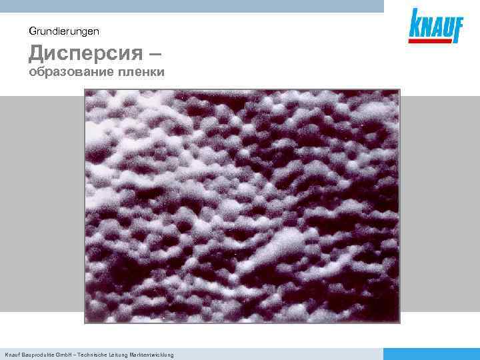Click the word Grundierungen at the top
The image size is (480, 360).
tap(65, 31)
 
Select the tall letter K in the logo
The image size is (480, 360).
tap(416, 23)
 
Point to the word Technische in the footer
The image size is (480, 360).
tap(96, 355)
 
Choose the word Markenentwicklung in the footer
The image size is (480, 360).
tap(155, 355)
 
